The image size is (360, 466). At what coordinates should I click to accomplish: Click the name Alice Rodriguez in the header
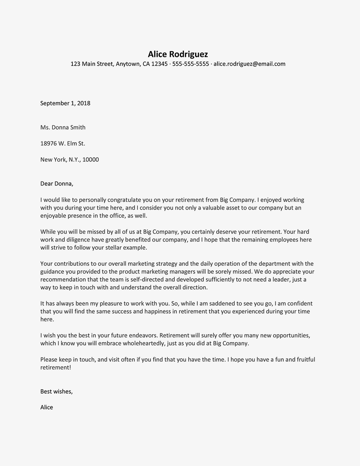click(178, 54)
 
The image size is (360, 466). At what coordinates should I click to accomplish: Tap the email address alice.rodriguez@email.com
click(249, 64)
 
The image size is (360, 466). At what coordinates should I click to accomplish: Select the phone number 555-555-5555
click(190, 64)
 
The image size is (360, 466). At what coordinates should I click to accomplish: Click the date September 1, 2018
click(65, 103)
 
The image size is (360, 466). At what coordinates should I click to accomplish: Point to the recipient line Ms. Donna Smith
click(63, 127)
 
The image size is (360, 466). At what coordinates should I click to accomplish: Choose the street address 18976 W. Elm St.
click(63, 144)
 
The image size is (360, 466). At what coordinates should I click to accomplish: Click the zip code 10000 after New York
click(90, 160)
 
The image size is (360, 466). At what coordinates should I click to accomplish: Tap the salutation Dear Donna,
click(57, 184)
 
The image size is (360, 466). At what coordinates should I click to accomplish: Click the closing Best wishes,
click(57, 391)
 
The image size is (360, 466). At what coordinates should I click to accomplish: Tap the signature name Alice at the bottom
click(46, 407)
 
